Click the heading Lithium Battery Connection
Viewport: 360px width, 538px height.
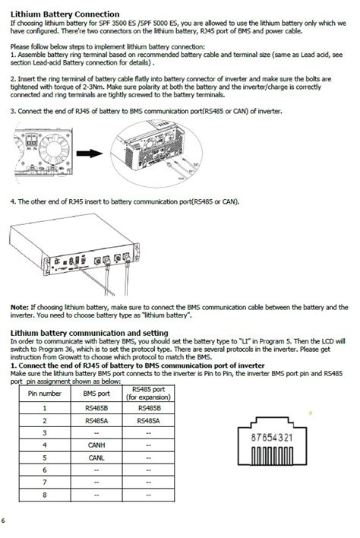(x=65, y=14)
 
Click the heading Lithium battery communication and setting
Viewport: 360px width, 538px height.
(x=89, y=333)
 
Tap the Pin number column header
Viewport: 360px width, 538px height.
(x=45, y=394)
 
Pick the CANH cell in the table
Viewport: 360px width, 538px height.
(x=96, y=444)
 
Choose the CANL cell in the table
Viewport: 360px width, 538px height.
(x=96, y=457)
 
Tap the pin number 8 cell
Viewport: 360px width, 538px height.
(x=45, y=494)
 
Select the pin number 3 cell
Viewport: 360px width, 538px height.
(x=45, y=432)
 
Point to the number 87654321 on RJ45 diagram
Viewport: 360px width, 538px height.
(x=272, y=438)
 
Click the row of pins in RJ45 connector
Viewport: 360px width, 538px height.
(x=272, y=459)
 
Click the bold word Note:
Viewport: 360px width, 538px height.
(x=19, y=307)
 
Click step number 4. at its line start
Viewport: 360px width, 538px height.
(x=13, y=201)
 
